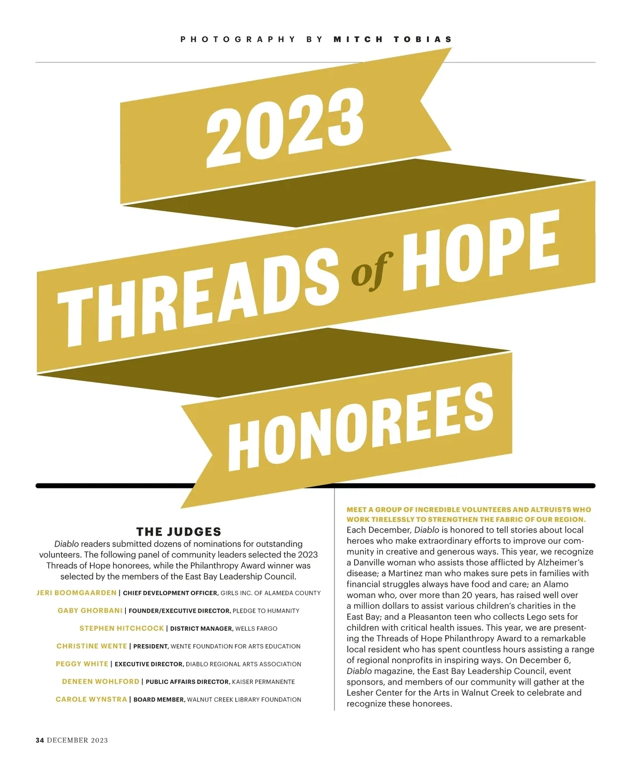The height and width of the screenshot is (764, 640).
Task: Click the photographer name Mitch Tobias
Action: point(393,39)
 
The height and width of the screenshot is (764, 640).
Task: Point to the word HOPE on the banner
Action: point(480,250)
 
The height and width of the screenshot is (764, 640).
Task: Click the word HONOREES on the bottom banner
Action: point(361,427)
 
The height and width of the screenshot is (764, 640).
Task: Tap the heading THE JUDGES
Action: point(179,532)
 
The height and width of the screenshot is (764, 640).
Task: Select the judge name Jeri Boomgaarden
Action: point(76,593)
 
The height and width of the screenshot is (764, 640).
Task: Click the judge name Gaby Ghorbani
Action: point(90,610)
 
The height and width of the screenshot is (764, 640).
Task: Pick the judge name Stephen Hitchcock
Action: point(122,629)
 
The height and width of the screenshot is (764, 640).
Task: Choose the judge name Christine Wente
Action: point(92,646)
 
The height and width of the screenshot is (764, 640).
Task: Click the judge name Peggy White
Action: point(82,664)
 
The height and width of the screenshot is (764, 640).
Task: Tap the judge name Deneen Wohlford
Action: point(100,682)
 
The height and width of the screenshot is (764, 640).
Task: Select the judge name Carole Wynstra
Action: point(91,699)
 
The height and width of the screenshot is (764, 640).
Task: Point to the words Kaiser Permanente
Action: point(263,682)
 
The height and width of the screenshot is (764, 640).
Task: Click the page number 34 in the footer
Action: point(40,740)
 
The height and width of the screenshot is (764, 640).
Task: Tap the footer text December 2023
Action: point(77,740)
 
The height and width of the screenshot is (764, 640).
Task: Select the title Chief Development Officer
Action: point(170,593)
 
